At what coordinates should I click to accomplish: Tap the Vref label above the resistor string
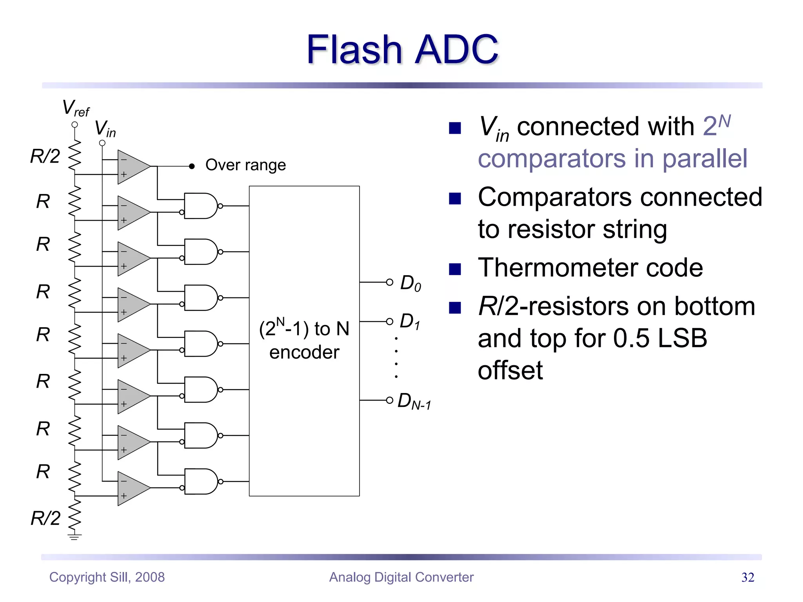[76, 108]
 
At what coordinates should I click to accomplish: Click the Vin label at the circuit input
[105, 129]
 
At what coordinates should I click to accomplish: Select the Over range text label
[245, 165]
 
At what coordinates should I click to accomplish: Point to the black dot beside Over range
[192, 166]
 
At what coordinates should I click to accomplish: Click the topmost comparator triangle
[131, 167]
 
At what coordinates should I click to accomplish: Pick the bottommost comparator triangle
[131, 488]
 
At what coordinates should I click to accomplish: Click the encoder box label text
[304, 340]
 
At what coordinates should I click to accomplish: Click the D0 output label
[411, 283]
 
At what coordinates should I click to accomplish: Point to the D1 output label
[410, 321]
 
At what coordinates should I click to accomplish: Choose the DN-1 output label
[414, 401]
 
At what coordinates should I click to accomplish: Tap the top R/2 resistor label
[45, 156]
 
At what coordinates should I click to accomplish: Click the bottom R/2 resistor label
[45, 518]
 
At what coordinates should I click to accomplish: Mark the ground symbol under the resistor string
[74, 536]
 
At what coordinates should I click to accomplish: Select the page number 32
[747, 577]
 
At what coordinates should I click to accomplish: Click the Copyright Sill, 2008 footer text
[107, 577]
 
